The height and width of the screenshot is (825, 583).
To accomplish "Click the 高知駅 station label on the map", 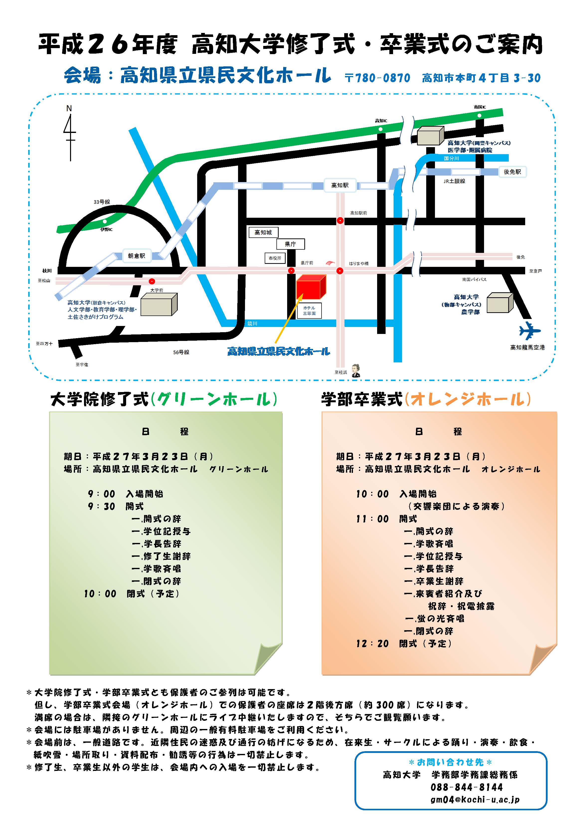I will point(340,185).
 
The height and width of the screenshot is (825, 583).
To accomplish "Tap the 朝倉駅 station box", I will point(137,256).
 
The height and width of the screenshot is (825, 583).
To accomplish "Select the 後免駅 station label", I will point(512,172).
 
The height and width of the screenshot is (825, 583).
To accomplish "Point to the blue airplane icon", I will point(529,330).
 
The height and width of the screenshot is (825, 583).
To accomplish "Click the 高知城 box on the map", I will point(263,232).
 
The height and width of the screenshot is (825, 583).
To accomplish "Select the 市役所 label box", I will point(275,258).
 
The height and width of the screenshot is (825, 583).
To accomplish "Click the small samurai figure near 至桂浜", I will point(356,370).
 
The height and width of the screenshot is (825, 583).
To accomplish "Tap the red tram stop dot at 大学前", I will point(152,281).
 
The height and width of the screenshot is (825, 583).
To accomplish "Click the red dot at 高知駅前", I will point(340,221).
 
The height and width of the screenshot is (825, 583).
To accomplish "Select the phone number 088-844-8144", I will point(467,787).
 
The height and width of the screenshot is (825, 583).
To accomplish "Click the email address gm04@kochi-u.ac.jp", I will point(475,800).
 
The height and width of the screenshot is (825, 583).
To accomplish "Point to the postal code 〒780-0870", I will point(377,78).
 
